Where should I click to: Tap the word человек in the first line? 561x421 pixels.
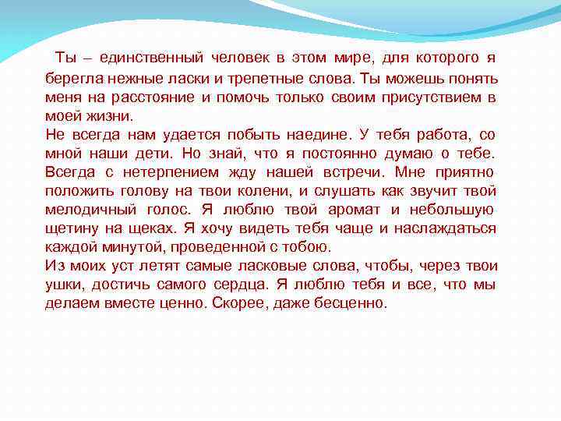tap(238, 58)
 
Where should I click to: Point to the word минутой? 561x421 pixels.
tap(128, 247)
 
